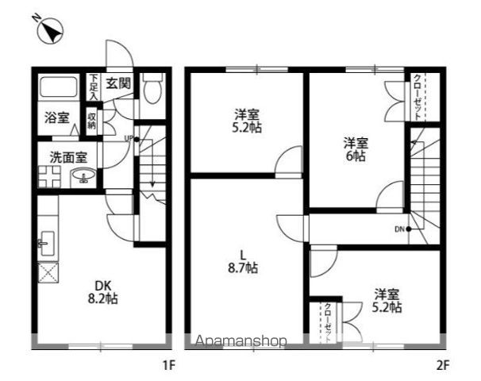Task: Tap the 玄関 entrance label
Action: [x=120, y=82]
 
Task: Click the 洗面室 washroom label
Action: [x=63, y=157]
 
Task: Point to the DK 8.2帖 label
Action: [x=101, y=292]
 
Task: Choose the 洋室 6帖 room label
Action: [x=355, y=148]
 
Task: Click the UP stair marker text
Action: [x=127, y=139]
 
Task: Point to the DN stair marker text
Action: [x=398, y=229]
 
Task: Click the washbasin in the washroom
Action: [x=83, y=178]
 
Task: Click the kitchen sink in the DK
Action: [x=45, y=242]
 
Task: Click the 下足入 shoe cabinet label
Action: [x=94, y=86]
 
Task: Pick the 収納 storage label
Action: [x=92, y=120]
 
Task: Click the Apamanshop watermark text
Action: [x=240, y=342]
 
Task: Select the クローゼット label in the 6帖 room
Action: [x=418, y=97]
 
